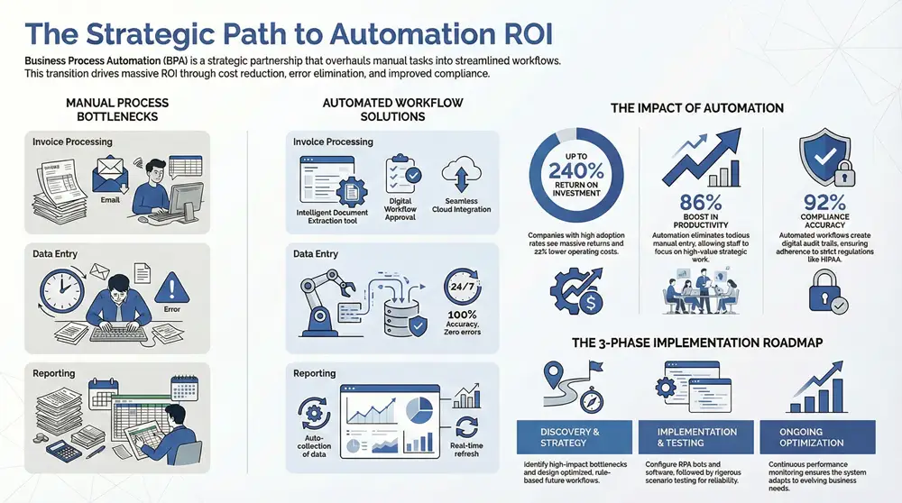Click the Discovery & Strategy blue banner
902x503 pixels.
(569, 437)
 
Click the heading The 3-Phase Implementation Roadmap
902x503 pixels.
(696, 343)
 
